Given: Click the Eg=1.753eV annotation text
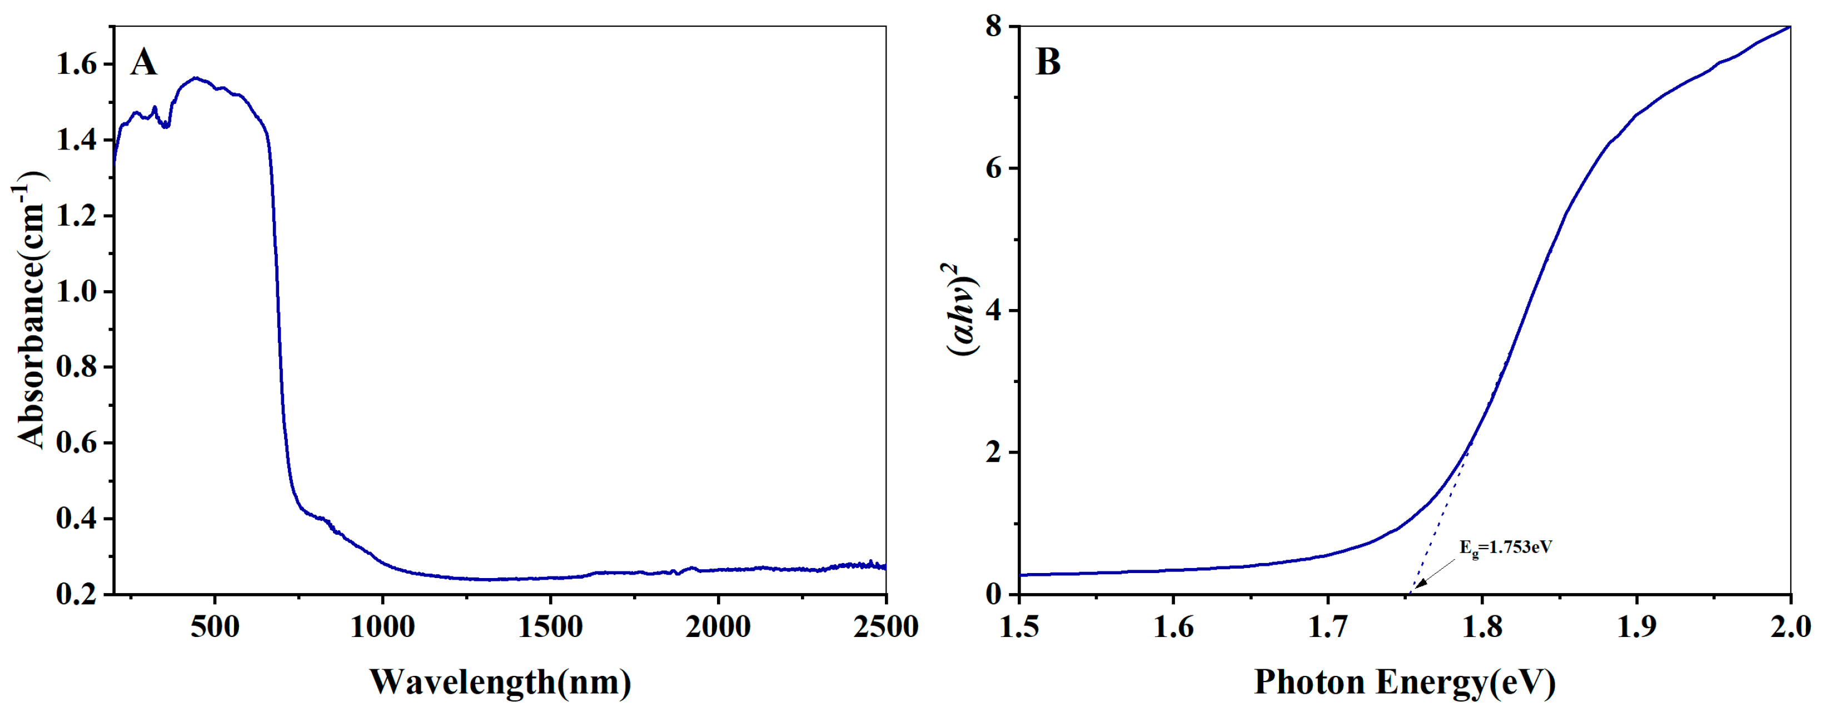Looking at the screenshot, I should click(1505, 547).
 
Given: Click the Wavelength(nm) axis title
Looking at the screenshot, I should click(500, 682).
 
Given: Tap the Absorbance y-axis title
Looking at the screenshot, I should click(30, 310).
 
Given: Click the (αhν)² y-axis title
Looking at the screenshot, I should click(961, 310).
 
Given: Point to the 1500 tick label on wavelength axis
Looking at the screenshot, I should click(550, 627).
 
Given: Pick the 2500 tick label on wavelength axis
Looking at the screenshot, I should click(885, 627).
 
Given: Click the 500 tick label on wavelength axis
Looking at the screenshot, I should click(215, 627).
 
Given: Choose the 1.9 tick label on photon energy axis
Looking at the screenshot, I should click(1636, 627).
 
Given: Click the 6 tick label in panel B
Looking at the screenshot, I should click(993, 169).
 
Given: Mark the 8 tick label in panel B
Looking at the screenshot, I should click(993, 27).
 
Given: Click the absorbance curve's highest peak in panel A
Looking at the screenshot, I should click(196, 78).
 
